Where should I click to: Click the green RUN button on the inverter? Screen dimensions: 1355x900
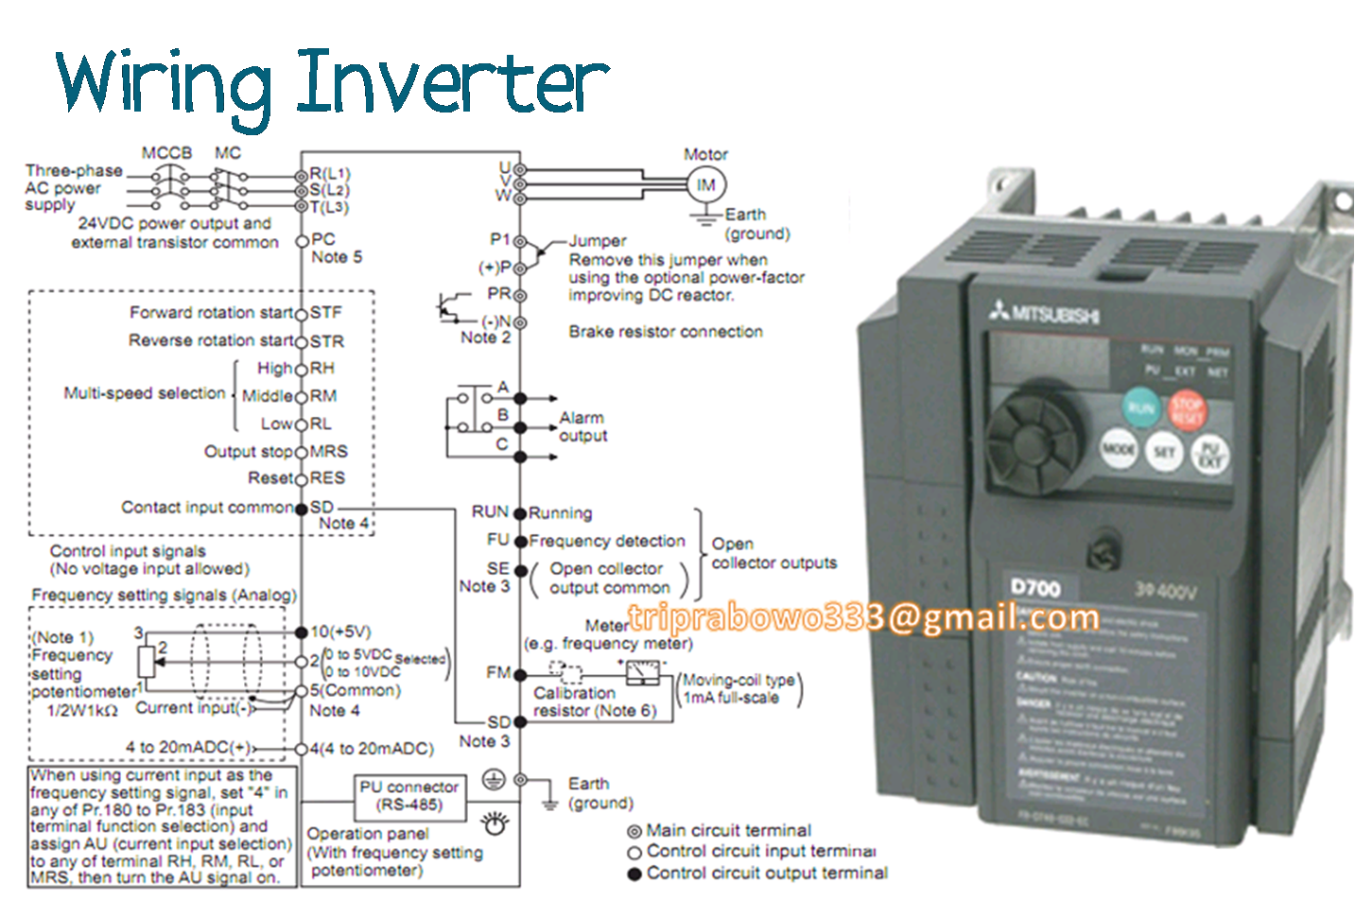pos(1141,407)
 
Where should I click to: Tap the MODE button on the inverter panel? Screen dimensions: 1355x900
pos(1119,448)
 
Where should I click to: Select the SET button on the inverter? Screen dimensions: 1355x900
pos(1164,452)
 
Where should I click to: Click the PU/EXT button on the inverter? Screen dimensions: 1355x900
pos(1209,455)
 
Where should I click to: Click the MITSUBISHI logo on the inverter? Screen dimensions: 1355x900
pos(1045,312)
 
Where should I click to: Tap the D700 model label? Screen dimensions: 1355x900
pos(1035,587)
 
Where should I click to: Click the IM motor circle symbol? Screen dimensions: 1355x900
pos(705,185)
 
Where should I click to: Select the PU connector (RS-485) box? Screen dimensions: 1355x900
pos(409,796)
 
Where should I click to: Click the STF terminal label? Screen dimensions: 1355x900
pos(326,313)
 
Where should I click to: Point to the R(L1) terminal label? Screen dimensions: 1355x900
pos(330,174)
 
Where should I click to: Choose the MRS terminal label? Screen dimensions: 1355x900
pos(329,451)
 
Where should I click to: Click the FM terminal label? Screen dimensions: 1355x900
pos(497,672)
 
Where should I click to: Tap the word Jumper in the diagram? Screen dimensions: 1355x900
pos(598,241)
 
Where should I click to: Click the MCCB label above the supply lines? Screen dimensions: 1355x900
pos(166,153)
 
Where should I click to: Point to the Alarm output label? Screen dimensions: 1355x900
pos(582,426)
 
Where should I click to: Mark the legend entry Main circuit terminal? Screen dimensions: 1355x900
pos(728,830)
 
